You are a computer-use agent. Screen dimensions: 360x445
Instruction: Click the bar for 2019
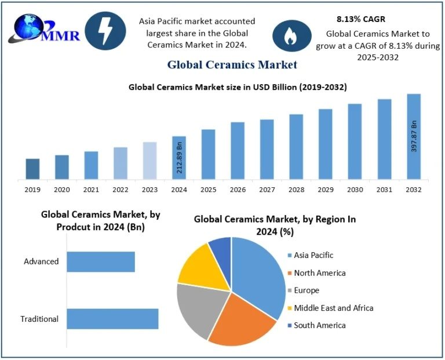(x=32, y=169)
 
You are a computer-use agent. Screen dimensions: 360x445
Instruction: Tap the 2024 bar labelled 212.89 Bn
(x=179, y=158)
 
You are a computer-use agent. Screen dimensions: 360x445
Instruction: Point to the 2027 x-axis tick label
(x=267, y=190)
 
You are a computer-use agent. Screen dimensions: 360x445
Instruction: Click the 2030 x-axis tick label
(x=355, y=190)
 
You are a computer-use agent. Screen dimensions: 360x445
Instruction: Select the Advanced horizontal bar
(x=100, y=261)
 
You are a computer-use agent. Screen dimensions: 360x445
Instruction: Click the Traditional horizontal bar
(x=112, y=319)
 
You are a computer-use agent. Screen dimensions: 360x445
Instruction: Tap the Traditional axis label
(x=39, y=319)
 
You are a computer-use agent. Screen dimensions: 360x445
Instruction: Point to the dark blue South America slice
(x=221, y=248)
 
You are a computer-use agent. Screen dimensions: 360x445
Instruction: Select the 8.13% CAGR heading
(x=360, y=19)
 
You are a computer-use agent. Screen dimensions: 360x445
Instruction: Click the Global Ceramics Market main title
(x=232, y=64)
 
